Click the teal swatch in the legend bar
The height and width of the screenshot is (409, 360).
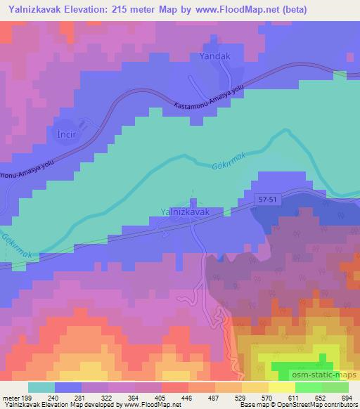[41, 387]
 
